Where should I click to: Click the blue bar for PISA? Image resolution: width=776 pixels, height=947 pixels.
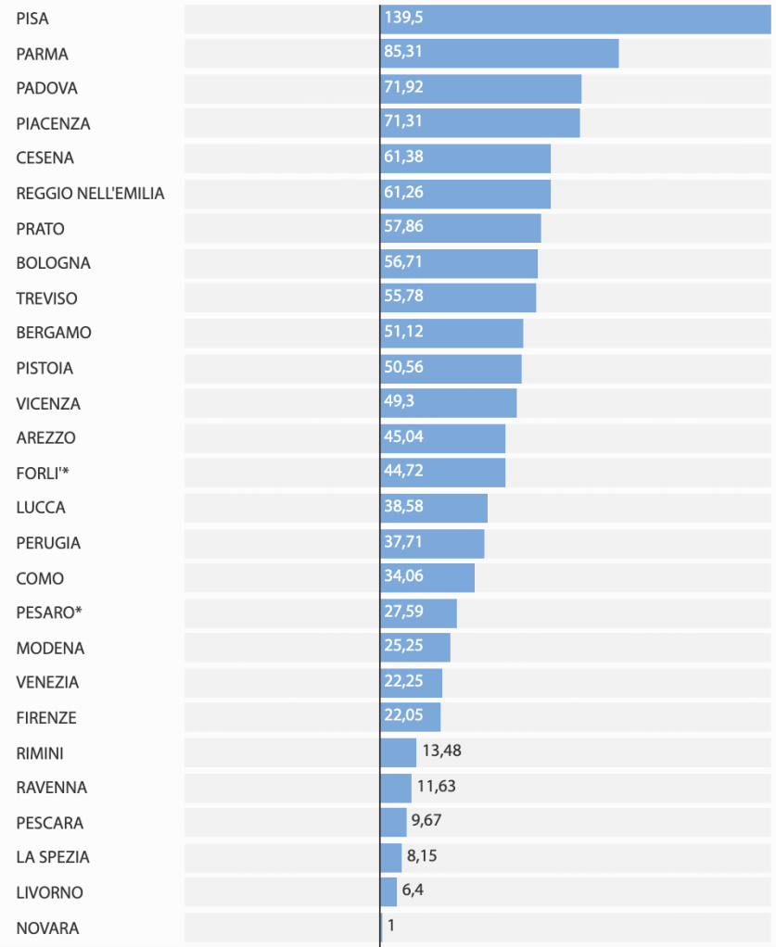pyautogui.click(x=575, y=19)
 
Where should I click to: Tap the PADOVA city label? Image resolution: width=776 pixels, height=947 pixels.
pyautogui.click(x=46, y=89)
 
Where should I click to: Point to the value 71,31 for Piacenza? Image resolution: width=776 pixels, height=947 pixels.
pyautogui.click(x=403, y=122)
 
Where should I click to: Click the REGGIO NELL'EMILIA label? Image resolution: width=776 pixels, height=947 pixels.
pyautogui.click(x=90, y=194)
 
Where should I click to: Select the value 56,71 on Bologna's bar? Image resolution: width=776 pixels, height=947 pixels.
pyautogui.click(x=403, y=262)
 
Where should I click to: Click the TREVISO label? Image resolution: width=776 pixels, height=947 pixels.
pyautogui.click(x=46, y=298)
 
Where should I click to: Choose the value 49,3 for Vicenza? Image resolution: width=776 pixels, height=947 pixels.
pyautogui.click(x=400, y=402)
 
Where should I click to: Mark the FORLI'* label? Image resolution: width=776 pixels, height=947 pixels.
pyautogui.click(x=43, y=473)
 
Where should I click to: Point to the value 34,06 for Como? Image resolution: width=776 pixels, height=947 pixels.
pyautogui.click(x=403, y=577)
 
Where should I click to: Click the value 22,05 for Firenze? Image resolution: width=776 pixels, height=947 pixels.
pyautogui.click(x=403, y=716)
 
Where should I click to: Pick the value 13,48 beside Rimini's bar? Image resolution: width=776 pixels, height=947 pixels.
pyautogui.click(x=441, y=751)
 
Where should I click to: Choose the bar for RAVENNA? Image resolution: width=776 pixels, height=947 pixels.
pyautogui.click(x=396, y=788)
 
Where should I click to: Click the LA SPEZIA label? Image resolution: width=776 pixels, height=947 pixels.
pyautogui.click(x=53, y=857)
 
